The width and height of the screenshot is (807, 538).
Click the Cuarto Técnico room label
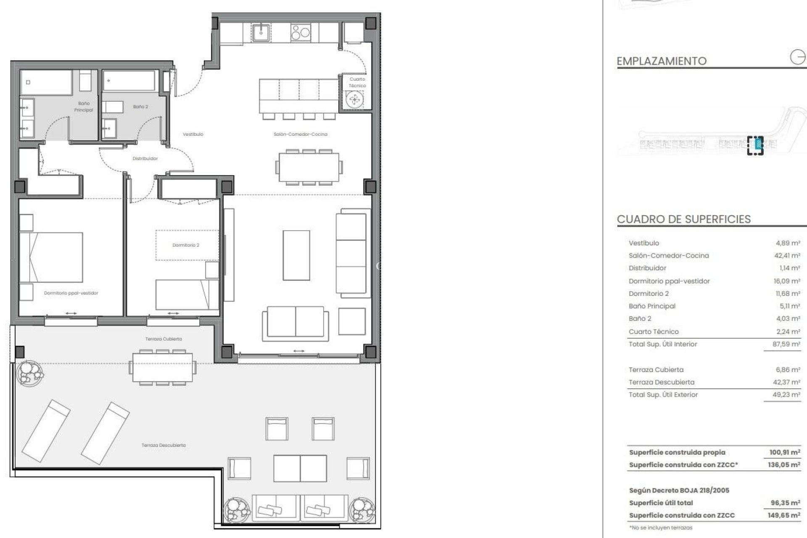point(357,82)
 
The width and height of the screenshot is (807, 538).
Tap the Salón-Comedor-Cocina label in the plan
point(300,134)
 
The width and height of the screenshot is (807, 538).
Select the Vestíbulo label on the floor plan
point(193,134)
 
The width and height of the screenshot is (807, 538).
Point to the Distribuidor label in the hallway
point(145,159)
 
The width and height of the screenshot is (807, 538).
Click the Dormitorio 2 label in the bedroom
point(186,245)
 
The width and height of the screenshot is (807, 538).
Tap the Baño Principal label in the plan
point(83,107)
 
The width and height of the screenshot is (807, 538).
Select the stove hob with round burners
point(301,32)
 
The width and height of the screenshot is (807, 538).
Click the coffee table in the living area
point(296,255)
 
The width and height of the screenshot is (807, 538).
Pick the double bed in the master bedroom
point(51,257)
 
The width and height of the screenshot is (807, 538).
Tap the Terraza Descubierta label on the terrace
point(164,445)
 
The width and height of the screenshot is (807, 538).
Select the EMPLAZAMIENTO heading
point(661,61)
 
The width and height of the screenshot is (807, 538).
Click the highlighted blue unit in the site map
point(757,145)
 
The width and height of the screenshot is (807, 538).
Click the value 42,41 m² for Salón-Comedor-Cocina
point(788,256)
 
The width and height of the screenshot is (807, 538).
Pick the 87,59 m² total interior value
point(787,344)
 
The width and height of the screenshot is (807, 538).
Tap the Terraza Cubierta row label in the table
point(656,370)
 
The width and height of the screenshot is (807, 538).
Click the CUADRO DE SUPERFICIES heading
point(683,219)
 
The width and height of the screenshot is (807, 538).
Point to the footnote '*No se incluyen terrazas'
point(660,527)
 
